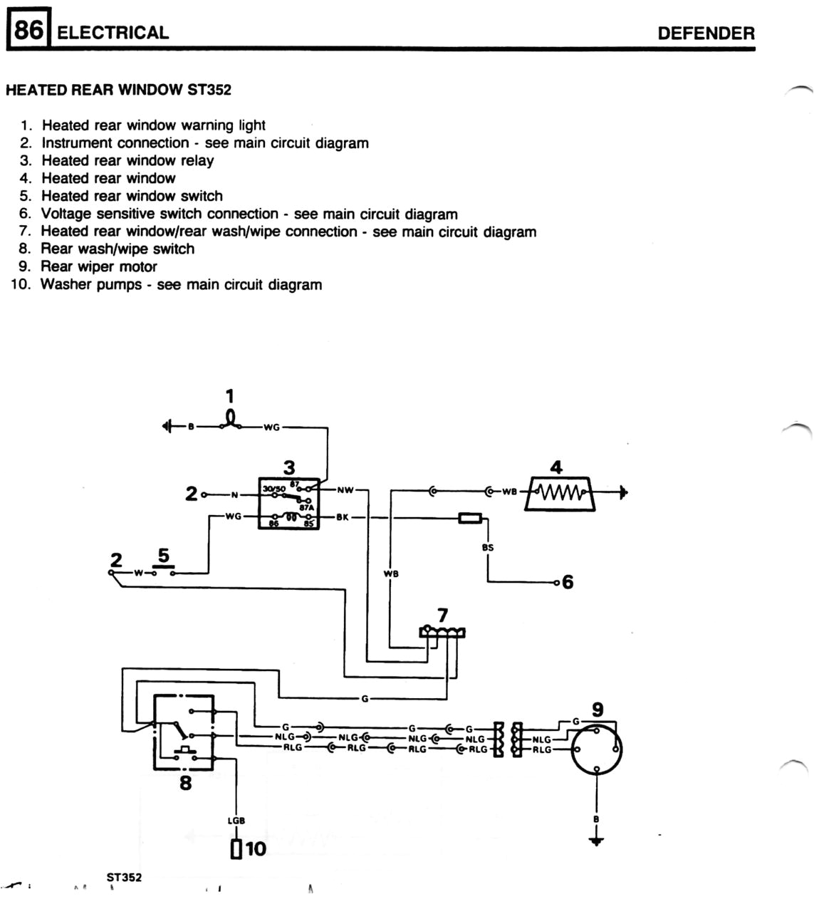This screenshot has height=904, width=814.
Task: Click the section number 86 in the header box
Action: tap(28, 32)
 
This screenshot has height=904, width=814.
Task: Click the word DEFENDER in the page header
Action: tap(705, 33)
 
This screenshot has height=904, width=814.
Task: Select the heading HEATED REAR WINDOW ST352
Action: tap(118, 90)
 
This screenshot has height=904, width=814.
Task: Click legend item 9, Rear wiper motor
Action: tap(98, 266)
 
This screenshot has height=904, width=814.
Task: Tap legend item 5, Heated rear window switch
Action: tap(131, 196)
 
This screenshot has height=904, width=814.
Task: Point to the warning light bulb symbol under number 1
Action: tap(230, 419)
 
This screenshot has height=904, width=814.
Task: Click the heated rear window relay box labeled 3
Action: tap(288, 503)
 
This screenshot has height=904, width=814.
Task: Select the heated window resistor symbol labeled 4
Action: tap(559, 493)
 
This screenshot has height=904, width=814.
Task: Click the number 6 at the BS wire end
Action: tap(568, 583)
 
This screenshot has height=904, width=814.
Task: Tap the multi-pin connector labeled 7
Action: tap(443, 631)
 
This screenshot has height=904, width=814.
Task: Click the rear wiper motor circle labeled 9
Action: tap(597, 749)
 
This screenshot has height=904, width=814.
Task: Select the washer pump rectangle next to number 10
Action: tap(236, 849)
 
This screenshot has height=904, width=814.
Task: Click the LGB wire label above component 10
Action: tap(236, 821)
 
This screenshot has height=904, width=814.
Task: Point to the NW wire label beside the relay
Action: tap(345, 490)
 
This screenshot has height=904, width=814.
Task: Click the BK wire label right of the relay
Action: tap(343, 517)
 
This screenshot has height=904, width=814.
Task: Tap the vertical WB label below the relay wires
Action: tap(390, 573)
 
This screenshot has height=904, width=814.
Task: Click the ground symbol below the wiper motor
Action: tap(597, 841)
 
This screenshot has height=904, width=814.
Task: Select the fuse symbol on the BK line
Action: tap(469, 518)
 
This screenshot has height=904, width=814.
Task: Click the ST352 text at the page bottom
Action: tap(124, 878)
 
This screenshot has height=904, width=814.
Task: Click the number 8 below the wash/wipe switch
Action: tap(185, 784)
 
